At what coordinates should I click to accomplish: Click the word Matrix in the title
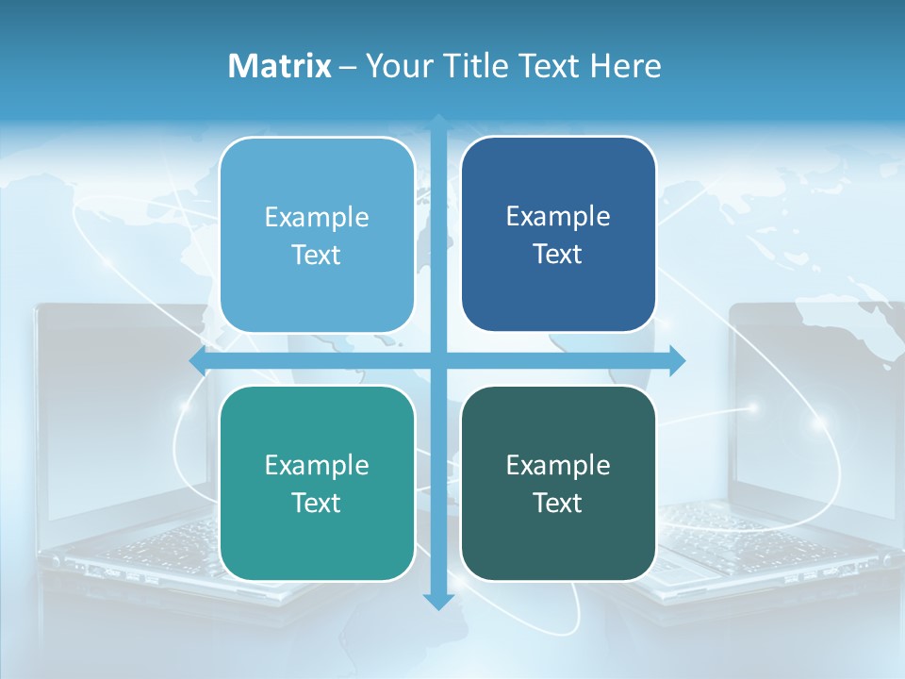click(279, 66)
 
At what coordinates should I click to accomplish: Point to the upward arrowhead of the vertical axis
click(438, 123)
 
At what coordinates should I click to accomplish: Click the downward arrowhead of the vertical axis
click(438, 601)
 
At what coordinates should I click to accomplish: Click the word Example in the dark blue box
click(558, 217)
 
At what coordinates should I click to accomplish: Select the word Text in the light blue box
click(316, 256)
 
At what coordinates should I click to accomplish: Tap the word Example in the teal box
click(316, 466)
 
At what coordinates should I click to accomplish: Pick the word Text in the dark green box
click(558, 504)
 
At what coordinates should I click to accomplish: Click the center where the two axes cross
click(438, 359)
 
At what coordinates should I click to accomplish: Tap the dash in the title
click(348, 67)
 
